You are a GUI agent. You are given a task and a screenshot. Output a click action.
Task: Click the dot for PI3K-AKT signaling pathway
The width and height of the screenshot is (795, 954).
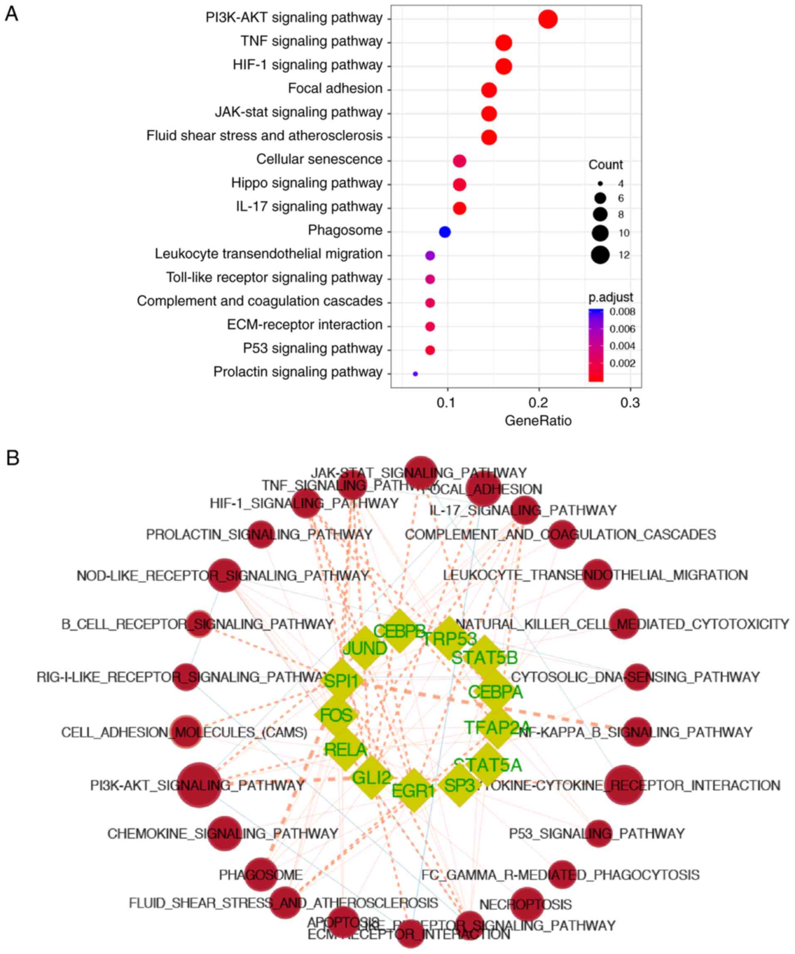(547, 19)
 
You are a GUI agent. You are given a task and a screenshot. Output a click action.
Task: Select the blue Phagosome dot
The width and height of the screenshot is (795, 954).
(444, 232)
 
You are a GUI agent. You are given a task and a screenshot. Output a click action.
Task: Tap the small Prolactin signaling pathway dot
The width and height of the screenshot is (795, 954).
(415, 374)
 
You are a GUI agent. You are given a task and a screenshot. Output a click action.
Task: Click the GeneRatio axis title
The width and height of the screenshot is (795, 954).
(538, 420)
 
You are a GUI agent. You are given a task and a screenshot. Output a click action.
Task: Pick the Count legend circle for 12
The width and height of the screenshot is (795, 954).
(600, 255)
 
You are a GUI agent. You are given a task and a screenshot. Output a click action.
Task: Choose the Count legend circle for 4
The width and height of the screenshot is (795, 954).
(600, 184)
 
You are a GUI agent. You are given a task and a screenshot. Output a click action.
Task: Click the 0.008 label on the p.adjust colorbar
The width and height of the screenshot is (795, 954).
(622, 312)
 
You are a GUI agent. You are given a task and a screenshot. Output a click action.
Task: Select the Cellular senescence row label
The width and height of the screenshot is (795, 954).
(319, 160)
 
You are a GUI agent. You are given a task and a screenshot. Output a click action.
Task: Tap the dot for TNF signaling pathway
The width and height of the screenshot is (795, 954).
(503, 43)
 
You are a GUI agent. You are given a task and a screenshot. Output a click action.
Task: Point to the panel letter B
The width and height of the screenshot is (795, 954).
(12, 458)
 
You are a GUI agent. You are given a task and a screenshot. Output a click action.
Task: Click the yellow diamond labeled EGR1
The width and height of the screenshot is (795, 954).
(413, 790)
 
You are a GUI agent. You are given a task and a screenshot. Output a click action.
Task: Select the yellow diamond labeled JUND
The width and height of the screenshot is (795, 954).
(364, 648)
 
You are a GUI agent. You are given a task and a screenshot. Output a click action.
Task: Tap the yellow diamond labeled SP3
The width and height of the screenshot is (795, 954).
(459, 785)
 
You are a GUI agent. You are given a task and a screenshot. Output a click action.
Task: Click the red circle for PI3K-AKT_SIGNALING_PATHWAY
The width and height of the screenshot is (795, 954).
(199, 785)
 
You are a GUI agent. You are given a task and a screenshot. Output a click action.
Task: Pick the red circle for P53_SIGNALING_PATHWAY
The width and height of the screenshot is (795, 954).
(598, 834)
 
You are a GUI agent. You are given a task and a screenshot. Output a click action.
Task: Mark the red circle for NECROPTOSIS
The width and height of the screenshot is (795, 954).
(527, 904)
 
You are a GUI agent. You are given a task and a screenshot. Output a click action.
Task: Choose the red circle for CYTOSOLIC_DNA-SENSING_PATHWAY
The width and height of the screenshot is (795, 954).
(637, 677)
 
